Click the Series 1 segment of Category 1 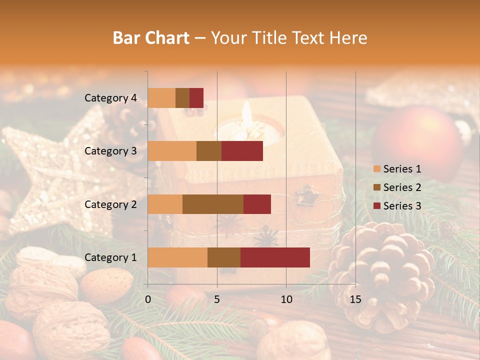pyautogui.click(x=177, y=257)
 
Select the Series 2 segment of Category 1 pyautogui.click(x=224, y=257)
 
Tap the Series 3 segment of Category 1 pyautogui.click(x=275, y=257)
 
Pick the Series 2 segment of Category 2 pyautogui.click(x=213, y=204)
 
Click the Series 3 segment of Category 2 pyautogui.click(x=257, y=204)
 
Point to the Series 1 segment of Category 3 pyautogui.click(x=172, y=151)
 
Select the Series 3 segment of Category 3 pyautogui.click(x=242, y=151)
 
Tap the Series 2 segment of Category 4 pyautogui.click(x=182, y=98)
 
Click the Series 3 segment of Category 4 pyautogui.click(x=196, y=98)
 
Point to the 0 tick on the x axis pyautogui.click(x=148, y=299)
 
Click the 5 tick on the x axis pyautogui.click(x=217, y=299)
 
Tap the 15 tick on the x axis pyautogui.click(x=355, y=299)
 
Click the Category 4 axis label pyautogui.click(x=110, y=98)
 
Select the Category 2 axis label pyautogui.click(x=110, y=204)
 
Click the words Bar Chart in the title pyautogui.click(x=151, y=37)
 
